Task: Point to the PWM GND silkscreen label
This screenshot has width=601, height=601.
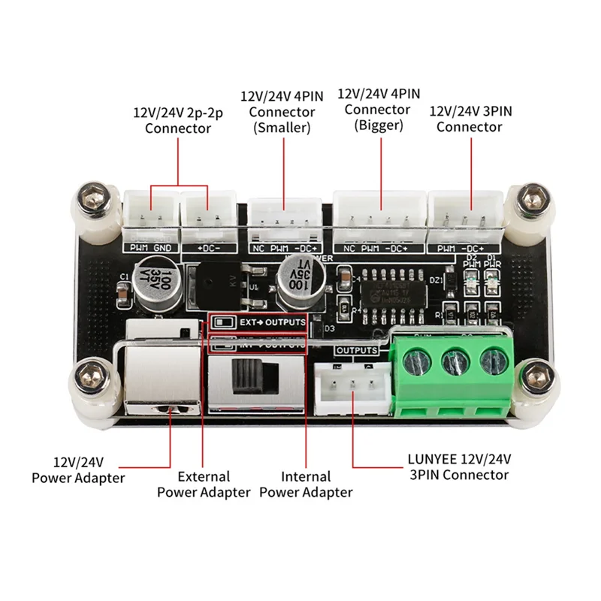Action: [149, 246]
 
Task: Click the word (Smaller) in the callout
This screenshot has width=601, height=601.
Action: [282, 128]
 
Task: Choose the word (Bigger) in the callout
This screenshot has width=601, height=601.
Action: [379, 125]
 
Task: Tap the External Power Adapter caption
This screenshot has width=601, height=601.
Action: [204, 484]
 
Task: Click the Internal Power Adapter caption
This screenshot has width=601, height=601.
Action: [306, 484]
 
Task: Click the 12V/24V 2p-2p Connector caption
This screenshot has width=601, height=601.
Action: [178, 120]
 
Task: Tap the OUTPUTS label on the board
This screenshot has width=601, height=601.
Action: [356, 350]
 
